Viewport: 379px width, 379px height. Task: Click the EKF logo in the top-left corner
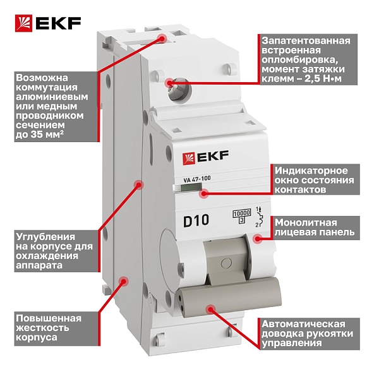48,23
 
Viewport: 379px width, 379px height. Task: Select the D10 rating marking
196,220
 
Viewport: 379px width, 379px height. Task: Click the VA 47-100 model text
197,179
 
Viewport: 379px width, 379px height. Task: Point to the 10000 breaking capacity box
242,214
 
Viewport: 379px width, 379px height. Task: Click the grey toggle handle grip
229,297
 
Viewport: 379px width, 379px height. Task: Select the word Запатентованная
306,41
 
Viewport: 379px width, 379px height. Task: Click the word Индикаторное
311,171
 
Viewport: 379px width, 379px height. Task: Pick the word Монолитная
306,222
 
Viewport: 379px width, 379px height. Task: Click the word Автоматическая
303,324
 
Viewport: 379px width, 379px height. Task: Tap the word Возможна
42,78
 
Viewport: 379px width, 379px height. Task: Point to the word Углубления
45,237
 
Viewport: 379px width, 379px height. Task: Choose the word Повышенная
49,318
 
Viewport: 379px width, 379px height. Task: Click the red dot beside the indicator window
204,193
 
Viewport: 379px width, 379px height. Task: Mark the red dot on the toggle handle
211,309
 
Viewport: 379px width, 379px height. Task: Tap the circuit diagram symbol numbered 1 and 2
258,217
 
